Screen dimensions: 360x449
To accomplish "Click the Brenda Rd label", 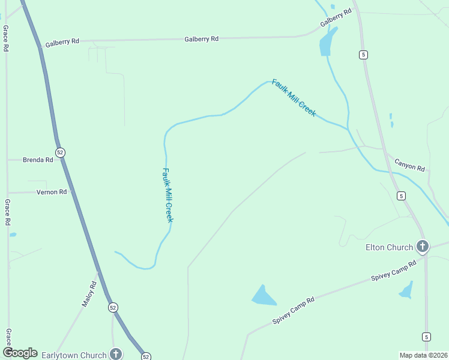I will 37,160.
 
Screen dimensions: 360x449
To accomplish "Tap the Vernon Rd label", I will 52,192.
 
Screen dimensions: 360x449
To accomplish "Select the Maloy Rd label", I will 89,294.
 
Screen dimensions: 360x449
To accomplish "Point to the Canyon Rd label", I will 409,164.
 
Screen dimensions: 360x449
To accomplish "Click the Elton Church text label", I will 389,247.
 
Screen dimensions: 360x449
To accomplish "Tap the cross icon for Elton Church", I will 423,246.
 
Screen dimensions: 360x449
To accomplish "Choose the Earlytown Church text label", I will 74,355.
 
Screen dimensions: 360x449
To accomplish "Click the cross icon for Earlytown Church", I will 116,355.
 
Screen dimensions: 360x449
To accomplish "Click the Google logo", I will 20,353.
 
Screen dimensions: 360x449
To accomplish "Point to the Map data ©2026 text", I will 423,355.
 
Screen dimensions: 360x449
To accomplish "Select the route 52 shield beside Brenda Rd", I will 60,152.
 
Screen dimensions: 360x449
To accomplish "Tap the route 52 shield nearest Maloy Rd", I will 113,307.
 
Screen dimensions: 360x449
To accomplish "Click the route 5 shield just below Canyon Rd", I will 401,196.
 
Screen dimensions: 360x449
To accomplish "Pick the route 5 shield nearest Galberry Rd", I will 364,55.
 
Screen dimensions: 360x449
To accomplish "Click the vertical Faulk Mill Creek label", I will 168,195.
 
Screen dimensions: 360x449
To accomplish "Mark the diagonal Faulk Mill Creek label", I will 294,98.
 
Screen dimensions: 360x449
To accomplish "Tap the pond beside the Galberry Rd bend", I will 327,42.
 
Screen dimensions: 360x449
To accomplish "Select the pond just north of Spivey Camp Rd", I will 263,295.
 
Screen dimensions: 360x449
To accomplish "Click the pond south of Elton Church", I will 407,291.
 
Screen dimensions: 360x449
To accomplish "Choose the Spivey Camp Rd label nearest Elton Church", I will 394,271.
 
